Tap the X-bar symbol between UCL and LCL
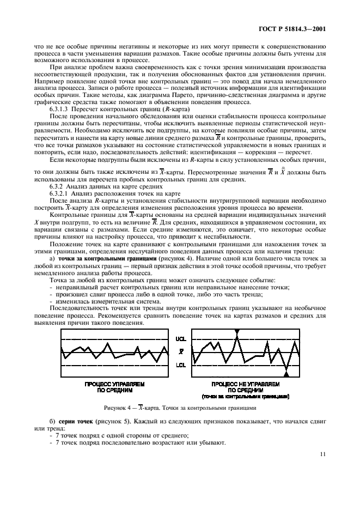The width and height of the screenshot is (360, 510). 181,352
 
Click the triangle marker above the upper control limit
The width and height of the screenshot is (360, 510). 237,331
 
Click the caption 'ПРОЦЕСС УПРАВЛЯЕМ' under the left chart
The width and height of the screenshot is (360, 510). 114,384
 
